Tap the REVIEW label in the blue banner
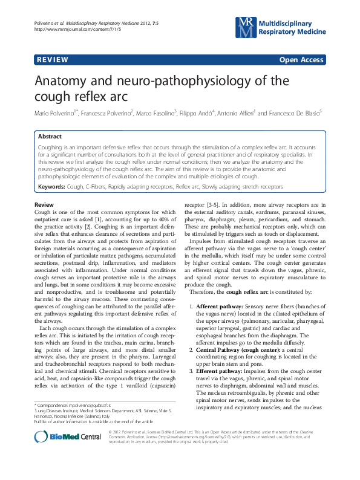pos(52,59)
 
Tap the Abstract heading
pos(49,137)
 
